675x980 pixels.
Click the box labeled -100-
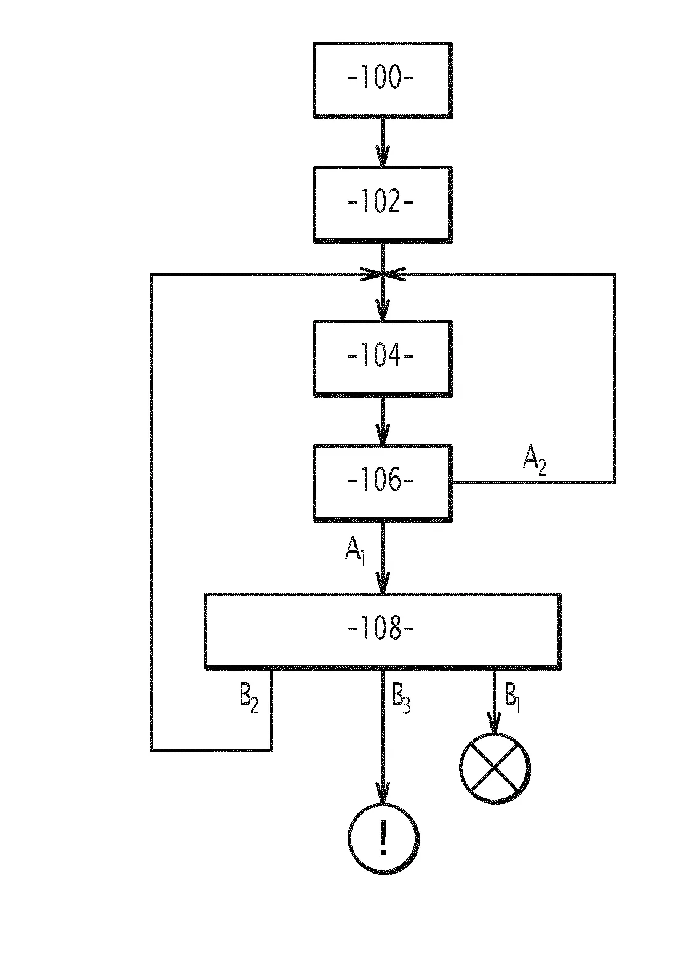point(383,79)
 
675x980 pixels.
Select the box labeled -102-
point(383,203)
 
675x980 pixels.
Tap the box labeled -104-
point(383,357)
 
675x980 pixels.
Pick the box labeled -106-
point(383,482)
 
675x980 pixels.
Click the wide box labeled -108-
point(382,630)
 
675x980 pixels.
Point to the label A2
point(534,461)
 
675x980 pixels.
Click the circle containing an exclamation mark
point(383,838)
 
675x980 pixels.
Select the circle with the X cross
point(494,768)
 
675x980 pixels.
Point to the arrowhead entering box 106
point(383,439)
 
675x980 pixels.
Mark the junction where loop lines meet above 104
point(383,275)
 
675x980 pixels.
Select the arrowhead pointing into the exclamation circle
point(383,797)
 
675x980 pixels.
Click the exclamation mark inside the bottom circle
point(383,838)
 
